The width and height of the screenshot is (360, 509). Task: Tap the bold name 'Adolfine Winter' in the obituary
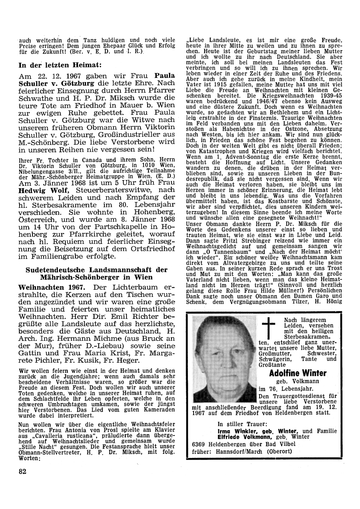point(297,373)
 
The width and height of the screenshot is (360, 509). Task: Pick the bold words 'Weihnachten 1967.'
point(51,287)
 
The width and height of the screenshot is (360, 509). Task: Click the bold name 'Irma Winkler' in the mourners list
point(236,431)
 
